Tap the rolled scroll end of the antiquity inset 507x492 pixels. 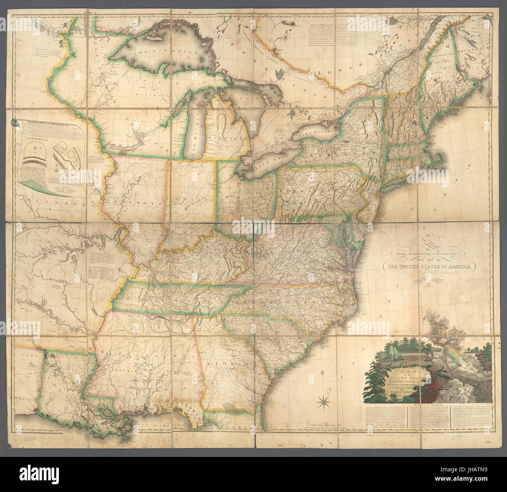(x=15, y=122)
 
